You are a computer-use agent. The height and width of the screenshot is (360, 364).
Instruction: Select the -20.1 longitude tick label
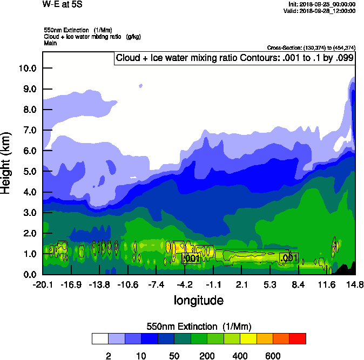click(43, 285)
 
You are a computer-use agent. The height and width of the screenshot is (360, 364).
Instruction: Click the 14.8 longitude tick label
click(354, 285)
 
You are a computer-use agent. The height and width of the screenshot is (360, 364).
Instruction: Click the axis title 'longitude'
click(198, 300)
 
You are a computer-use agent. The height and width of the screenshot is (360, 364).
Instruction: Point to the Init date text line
click(322, 4)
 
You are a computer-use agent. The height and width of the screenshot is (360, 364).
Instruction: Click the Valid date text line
click(321, 11)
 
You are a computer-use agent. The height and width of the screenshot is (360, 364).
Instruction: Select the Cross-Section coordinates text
click(311, 47)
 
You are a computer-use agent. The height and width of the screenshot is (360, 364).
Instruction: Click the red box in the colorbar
click(298, 338)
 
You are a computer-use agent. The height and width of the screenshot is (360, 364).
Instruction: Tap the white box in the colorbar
click(100, 338)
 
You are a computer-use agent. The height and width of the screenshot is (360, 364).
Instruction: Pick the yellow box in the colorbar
click(248, 338)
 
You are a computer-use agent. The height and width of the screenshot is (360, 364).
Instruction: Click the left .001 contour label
click(192, 259)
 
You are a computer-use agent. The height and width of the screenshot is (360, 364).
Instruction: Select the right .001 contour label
click(289, 258)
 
